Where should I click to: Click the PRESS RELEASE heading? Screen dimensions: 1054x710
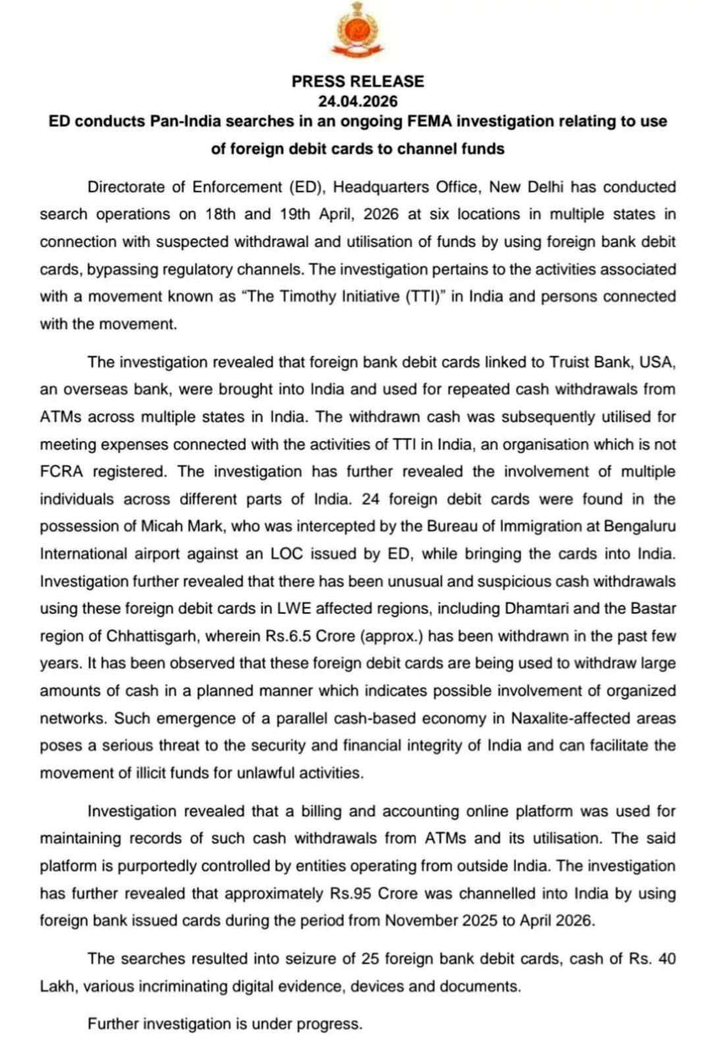pos(357,81)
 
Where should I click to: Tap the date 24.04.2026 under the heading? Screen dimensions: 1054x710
pos(357,101)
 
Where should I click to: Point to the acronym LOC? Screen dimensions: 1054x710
pos(287,554)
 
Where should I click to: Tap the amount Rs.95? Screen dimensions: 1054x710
pos(351,894)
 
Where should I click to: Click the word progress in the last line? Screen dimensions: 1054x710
pos(329,1024)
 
